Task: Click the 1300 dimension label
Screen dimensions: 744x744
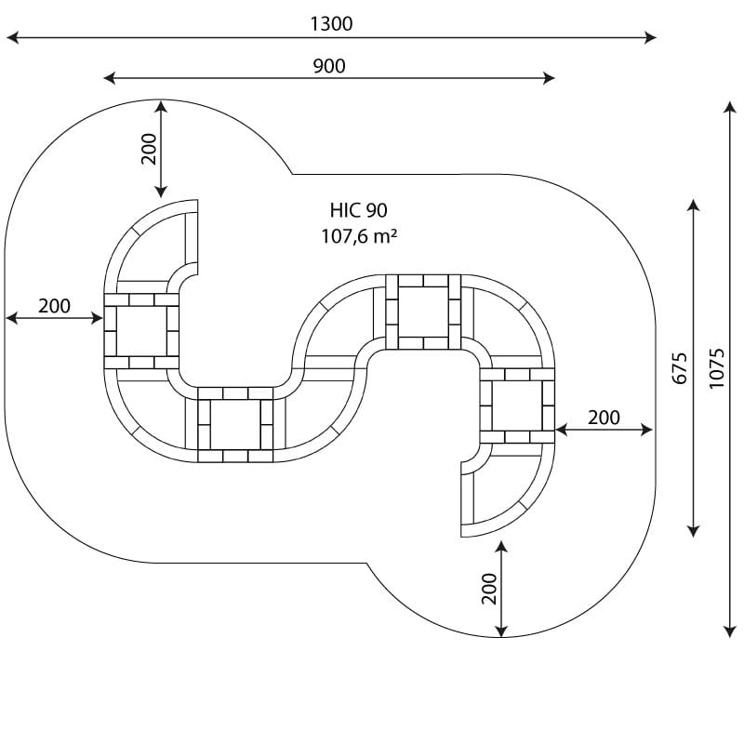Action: (x=331, y=24)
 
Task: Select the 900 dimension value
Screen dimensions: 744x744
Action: (x=329, y=66)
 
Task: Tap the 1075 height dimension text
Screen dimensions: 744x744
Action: (x=716, y=368)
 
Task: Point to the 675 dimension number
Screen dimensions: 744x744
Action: (x=680, y=368)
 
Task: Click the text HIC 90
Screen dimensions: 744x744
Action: (x=359, y=210)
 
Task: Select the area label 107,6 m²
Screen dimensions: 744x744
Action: (x=359, y=236)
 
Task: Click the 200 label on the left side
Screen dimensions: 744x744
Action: (x=55, y=306)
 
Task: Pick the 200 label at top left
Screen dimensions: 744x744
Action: (x=149, y=149)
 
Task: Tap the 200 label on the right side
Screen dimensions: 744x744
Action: (x=604, y=418)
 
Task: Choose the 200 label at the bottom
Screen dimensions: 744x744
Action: (x=489, y=589)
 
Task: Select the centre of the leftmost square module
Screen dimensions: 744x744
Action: (x=141, y=331)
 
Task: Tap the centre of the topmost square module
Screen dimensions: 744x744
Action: (x=423, y=312)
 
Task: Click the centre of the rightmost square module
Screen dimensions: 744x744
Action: (x=517, y=405)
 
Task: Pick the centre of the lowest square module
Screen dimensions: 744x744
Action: (x=235, y=425)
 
